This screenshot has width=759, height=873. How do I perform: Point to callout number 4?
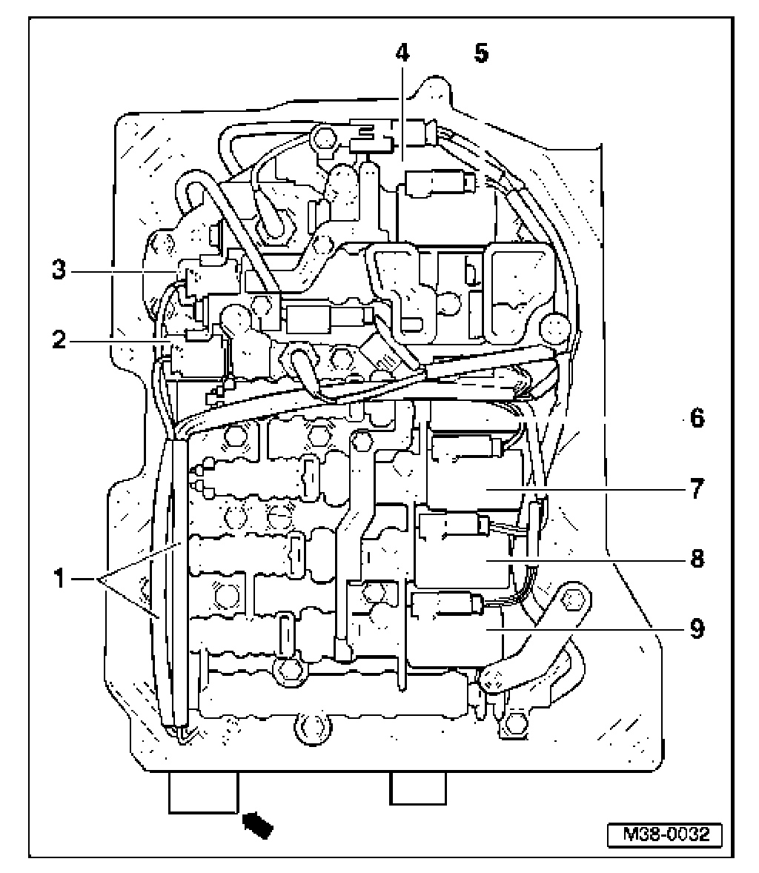[401, 53]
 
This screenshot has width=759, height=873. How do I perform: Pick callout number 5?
[481, 53]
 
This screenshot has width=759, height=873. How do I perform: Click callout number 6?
[696, 419]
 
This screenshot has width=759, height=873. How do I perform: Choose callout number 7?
[696, 490]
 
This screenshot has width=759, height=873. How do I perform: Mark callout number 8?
[696, 560]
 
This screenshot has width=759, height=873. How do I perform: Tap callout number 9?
[696, 629]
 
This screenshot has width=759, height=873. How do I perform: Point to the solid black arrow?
[259, 825]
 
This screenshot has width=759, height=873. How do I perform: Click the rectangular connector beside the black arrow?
[202, 792]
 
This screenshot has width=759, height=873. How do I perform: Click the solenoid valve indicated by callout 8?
[452, 527]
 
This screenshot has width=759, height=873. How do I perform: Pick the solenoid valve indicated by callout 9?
[445, 605]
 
